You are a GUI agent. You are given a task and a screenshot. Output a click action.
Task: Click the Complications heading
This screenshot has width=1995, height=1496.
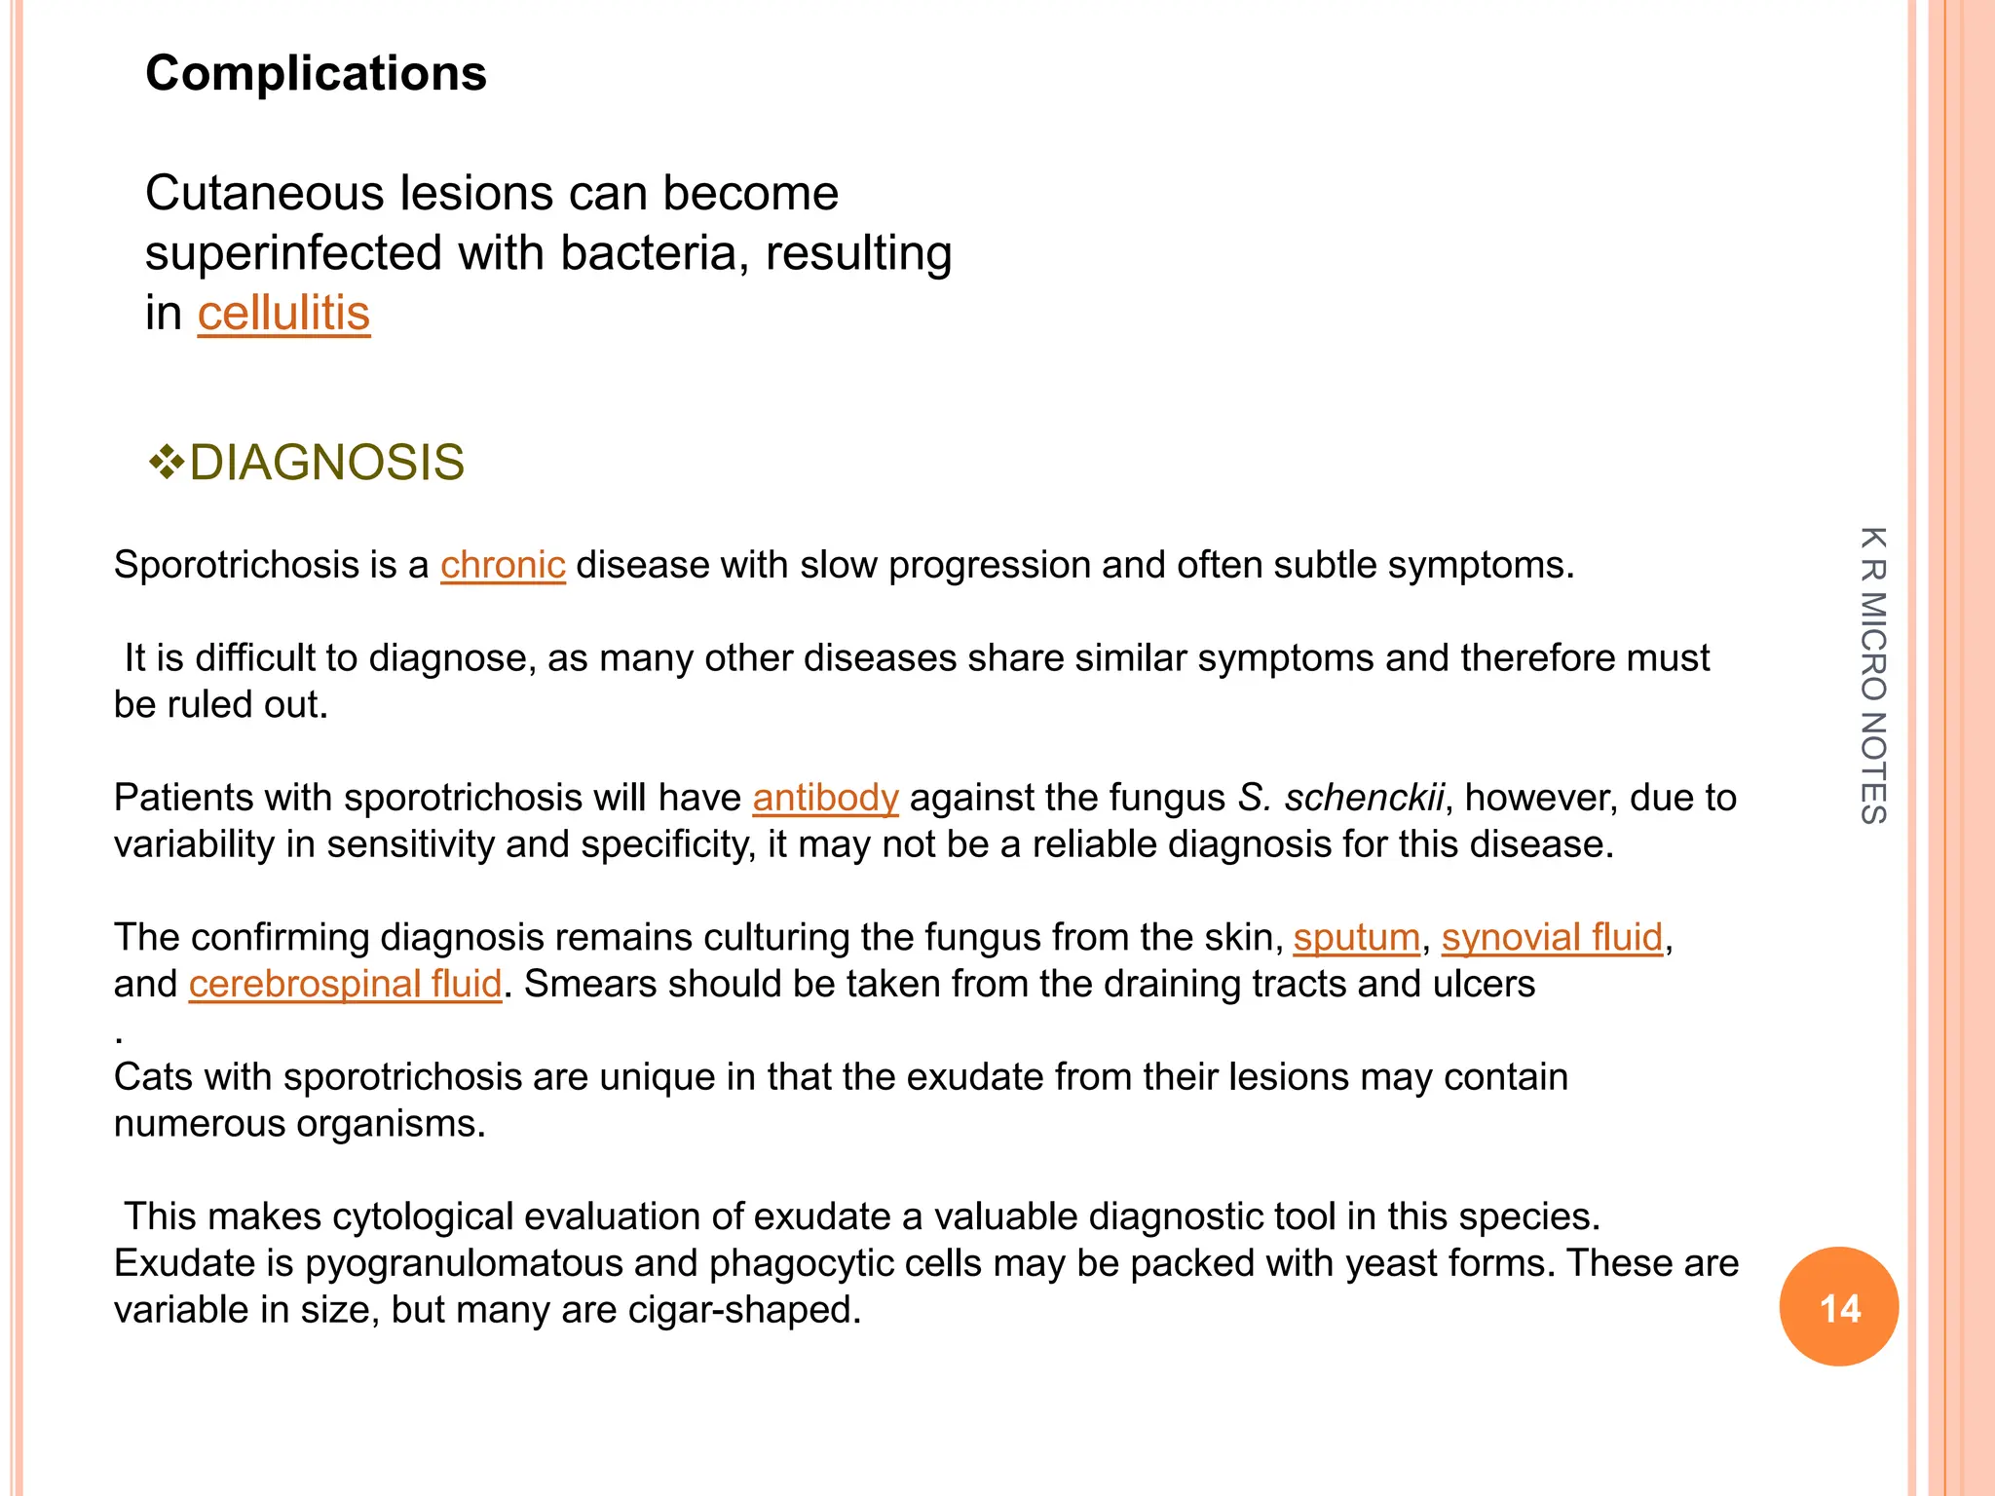click(316, 74)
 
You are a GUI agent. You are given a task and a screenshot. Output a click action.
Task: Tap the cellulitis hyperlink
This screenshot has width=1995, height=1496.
click(283, 314)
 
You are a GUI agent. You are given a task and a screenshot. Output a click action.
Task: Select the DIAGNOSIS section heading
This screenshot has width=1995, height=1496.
click(326, 463)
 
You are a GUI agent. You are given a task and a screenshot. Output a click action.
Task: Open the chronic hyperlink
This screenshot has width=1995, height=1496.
click(503, 565)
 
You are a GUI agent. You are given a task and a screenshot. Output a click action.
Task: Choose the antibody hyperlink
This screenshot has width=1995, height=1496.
click(825, 798)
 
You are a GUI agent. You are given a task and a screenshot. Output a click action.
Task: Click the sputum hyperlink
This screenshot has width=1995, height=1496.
click(1356, 937)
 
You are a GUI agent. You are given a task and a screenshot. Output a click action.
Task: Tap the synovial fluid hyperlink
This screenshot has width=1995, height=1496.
click(1552, 937)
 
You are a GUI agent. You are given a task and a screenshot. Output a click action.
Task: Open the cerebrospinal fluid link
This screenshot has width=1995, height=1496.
click(345, 984)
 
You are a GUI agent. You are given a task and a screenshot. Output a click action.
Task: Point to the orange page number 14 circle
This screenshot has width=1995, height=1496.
click(1838, 1306)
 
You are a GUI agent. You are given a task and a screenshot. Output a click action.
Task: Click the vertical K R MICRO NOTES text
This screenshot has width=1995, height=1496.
click(1873, 675)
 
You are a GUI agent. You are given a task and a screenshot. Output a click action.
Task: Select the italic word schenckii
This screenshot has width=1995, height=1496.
click(1363, 798)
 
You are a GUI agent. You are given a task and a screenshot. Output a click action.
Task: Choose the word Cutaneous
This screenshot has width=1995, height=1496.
click(265, 193)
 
